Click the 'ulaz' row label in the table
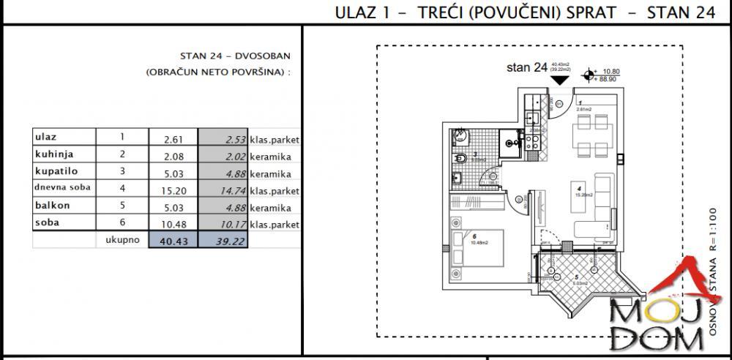(46, 138)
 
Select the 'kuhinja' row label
(54, 154)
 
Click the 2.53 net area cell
(229, 138)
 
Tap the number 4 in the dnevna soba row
(122, 189)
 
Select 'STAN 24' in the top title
(681, 13)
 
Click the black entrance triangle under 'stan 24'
(561, 79)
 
